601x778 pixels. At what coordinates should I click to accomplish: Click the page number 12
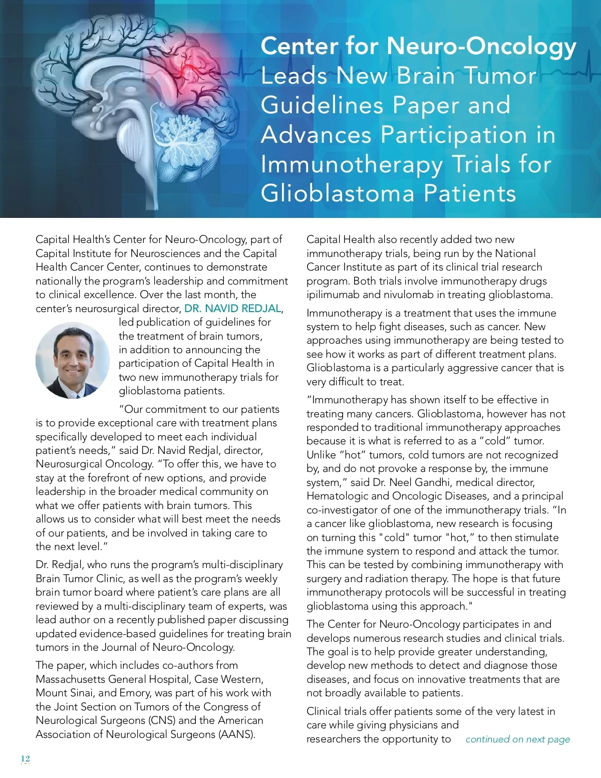click(26, 758)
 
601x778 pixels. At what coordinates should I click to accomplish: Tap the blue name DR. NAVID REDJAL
click(233, 309)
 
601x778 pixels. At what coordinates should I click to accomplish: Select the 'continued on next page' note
click(517, 739)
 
